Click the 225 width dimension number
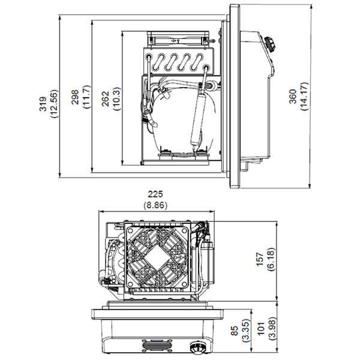(x=155, y=194)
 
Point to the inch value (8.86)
(x=155, y=205)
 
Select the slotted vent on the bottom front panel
(x=155, y=346)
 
